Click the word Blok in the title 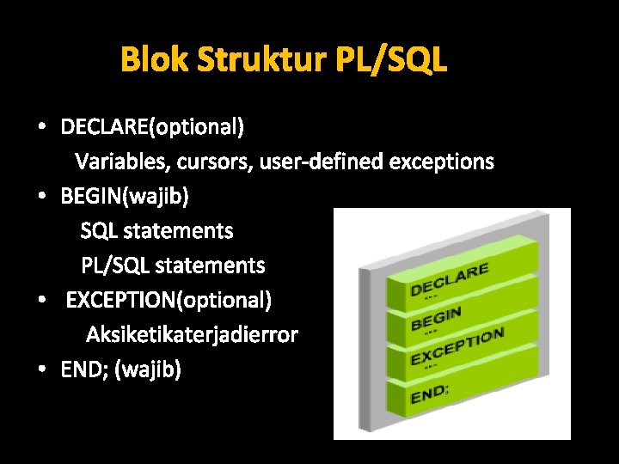pyautogui.click(x=155, y=60)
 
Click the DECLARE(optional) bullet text pyautogui.click(x=152, y=128)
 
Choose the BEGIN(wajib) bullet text pyautogui.click(x=125, y=197)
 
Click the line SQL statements pyautogui.click(x=156, y=231)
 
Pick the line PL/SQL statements pyautogui.click(x=173, y=266)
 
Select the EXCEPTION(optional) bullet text pyautogui.click(x=169, y=301)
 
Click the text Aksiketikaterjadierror pyautogui.click(x=192, y=335)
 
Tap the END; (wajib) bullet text pyautogui.click(x=120, y=370)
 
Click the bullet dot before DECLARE pyautogui.click(x=41, y=128)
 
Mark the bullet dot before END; pyautogui.click(x=41, y=370)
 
